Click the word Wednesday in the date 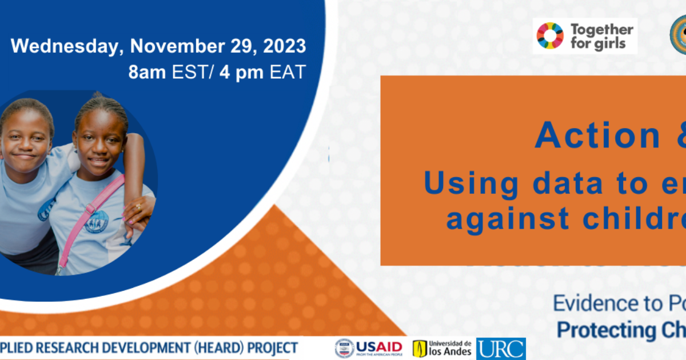tap(63, 46)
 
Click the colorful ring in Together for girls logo tap(550, 35)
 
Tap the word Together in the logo tap(602, 29)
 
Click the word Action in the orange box tap(589, 136)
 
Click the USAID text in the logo tap(379, 346)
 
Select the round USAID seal tap(344, 348)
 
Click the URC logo tap(501, 349)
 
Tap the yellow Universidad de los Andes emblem tap(420, 349)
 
